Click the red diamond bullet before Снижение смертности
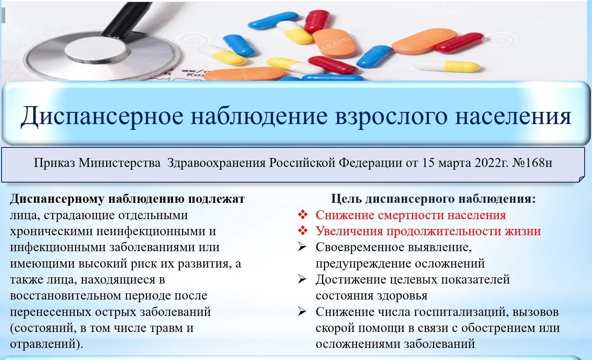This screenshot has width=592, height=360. point(302,215)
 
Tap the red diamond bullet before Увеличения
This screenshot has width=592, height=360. point(302,231)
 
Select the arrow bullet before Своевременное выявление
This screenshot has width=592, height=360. point(302,247)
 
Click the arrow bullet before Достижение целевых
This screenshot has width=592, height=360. point(302,279)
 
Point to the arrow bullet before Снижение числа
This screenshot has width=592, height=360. point(302,312)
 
